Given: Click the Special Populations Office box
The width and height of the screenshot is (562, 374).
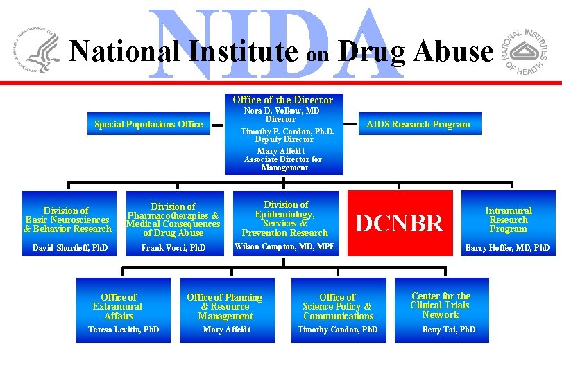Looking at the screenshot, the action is (148, 125).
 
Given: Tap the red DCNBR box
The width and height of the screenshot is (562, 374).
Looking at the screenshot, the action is (399, 223).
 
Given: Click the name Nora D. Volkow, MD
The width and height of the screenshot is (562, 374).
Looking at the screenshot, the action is (282, 111).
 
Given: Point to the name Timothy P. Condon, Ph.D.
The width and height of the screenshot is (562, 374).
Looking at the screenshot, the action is (287, 131).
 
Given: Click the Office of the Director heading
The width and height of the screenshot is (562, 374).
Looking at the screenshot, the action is (282, 100).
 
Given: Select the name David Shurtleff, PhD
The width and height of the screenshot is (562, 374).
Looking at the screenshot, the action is (70, 247).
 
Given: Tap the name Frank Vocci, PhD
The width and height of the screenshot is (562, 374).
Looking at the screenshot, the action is (173, 247).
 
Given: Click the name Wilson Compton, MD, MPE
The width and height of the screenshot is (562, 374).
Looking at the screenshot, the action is (284, 247).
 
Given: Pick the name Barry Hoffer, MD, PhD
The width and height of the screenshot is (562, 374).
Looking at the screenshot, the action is (507, 247).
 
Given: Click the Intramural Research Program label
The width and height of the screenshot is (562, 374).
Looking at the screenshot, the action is (509, 220).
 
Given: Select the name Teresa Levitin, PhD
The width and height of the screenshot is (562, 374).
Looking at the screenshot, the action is (124, 330).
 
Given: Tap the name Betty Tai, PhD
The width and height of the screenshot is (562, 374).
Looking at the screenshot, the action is (449, 330).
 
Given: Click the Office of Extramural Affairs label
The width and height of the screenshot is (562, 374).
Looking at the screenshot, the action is (119, 306).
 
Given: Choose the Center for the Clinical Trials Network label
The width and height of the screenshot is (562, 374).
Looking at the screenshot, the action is (440, 305).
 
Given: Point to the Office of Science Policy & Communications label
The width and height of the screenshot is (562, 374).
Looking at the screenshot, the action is (337, 306).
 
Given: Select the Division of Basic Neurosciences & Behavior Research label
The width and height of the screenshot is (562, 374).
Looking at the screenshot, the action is (67, 220).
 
